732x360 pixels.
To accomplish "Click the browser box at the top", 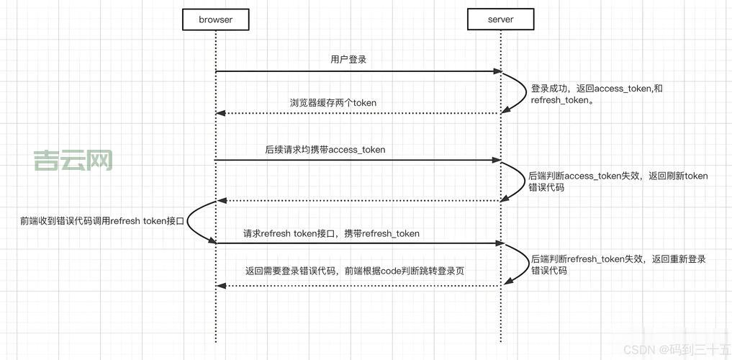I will pos(215,19).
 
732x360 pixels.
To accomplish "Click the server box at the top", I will pos(500,19).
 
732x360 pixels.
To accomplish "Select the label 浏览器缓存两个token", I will pos(333,103).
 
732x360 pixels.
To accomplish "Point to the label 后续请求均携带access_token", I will pos(325,150).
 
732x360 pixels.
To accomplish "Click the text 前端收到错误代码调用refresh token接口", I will pos(103,221).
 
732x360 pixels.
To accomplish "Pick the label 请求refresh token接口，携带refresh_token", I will pos(331,233).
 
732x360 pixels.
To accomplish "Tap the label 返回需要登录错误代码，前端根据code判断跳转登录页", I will pos(355,271).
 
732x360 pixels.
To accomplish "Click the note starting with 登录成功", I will pos(597,94).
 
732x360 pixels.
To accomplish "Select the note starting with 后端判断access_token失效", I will pos(618,181).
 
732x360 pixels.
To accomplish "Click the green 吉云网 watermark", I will pos(73,161).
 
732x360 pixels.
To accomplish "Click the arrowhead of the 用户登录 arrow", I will pos(497,71).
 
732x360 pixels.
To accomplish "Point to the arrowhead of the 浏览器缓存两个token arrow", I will pos(221,113).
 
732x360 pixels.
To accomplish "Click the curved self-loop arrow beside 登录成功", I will pos(521,92).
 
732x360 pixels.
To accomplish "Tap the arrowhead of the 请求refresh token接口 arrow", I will pos(497,243).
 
